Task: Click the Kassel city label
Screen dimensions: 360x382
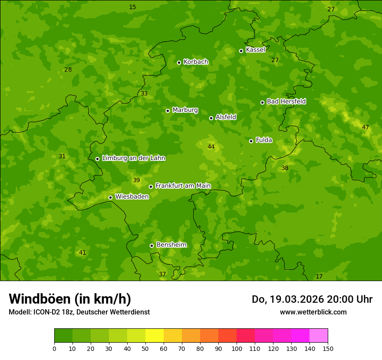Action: click(255, 50)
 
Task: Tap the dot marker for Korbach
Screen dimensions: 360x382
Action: click(179, 62)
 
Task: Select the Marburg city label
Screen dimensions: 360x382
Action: click(185, 110)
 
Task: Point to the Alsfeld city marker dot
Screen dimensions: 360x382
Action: click(211, 118)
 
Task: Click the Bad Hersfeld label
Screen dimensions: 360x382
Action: click(286, 101)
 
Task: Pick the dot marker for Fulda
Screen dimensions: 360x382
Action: click(251, 141)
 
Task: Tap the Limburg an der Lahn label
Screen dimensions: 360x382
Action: click(133, 158)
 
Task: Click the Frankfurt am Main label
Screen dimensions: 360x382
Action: click(183, 186)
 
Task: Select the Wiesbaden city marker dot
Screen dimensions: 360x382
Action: click(110, 197)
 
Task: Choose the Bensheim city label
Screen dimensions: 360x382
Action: click(171, 245)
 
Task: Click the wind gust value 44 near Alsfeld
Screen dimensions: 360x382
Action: click(211, 147)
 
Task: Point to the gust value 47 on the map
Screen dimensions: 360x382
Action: click(366, 128)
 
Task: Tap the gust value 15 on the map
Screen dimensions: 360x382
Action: click(132, 7)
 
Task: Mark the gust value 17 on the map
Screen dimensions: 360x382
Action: click(319, 277)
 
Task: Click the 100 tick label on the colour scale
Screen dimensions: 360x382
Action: click(237, 348)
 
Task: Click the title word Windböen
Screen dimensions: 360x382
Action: click(40, 299)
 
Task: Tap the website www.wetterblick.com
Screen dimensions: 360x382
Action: click(313, 312)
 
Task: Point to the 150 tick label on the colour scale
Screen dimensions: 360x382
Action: click(328, 348)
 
